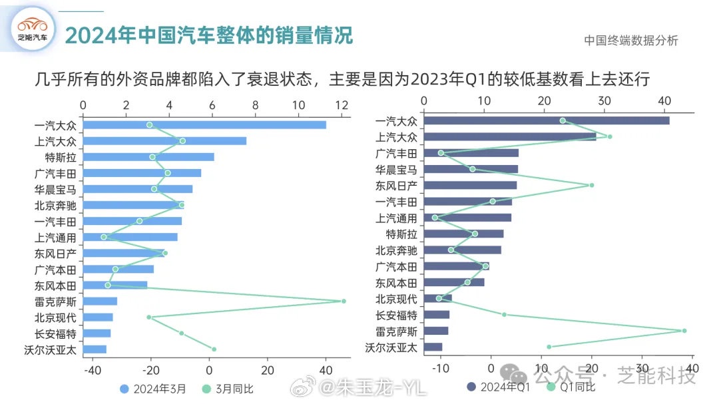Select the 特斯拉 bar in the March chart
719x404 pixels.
click(149, 157)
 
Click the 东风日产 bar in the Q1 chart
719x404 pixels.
click(470, 185)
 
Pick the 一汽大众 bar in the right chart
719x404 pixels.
click(547, 120)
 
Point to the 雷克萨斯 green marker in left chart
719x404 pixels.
click(344, 301)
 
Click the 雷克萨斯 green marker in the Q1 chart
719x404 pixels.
click(684, 331)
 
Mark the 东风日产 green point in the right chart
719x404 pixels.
click(591, 185)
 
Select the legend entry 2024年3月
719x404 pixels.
click(153, 388)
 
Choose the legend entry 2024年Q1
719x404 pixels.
click(499, 387)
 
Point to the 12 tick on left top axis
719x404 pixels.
click(342, 105)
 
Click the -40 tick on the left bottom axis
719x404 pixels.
click(93, 371)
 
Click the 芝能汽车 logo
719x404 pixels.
click(33, 30)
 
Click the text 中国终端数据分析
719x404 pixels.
click(630, 41)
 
